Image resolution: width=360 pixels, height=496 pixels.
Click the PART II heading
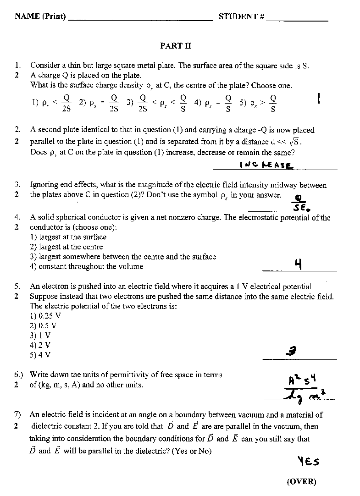(x=175, y=46)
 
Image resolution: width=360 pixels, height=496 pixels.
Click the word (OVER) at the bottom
(x=301, y=481)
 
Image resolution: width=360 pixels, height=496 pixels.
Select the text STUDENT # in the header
(x=241, y=17)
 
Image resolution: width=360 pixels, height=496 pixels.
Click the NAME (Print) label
(x=40, y=17)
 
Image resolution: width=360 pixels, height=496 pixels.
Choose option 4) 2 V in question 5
(x=40, y=345)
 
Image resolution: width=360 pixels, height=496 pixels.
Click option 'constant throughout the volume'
(x=86, y=266)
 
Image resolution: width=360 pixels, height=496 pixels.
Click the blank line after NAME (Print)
(x=140, y=20)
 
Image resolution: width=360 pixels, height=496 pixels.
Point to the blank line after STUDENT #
(x=297, y=20)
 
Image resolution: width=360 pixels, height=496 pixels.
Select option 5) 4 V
(x=40, y=355)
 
